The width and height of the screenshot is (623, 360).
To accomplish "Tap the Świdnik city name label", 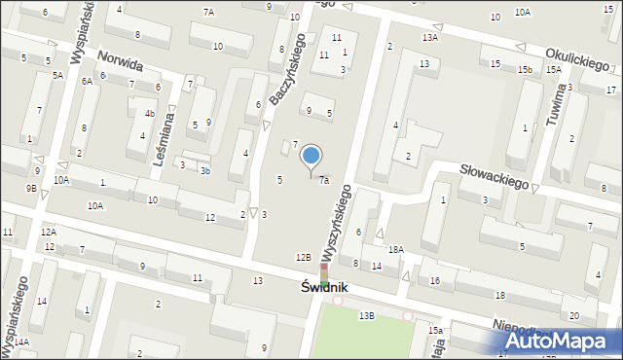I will tap(324, 289).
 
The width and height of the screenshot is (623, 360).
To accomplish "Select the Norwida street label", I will tap(120, 64).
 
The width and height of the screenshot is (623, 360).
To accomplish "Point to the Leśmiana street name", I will tap(168, 138).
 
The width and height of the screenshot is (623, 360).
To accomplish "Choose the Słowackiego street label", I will tap(494, 178).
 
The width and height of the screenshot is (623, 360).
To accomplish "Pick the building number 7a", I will tap(324, 180).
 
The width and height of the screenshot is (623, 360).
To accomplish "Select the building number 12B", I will tap(304, 257).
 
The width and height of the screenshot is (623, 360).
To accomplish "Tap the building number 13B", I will tap(366, 316).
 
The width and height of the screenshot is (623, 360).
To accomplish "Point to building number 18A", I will tap(394, 250).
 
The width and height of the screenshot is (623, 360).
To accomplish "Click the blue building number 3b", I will tap(204, 170).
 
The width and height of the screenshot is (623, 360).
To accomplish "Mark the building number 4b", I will tap(149, 114).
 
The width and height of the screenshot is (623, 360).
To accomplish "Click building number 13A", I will tap(429, 37).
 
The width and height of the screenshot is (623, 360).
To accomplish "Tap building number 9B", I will tap(31, 188).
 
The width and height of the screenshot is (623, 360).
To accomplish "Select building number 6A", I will tap(87, 82).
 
